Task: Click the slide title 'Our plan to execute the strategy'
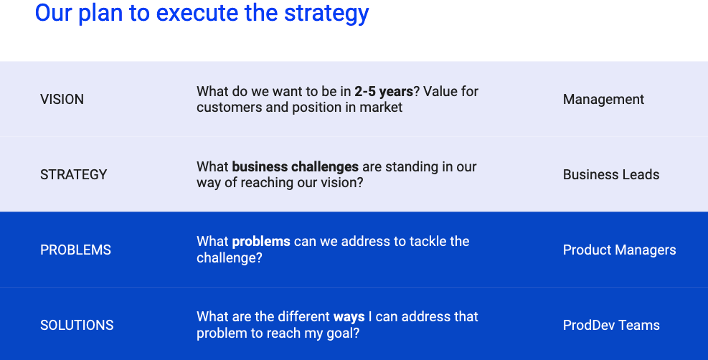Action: click(202, 14)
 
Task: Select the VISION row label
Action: click(62, 99)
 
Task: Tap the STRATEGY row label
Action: click(74, 174)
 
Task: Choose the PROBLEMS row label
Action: click(75, 250)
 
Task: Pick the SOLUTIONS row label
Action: click(77, 326)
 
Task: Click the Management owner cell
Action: click(603, 100)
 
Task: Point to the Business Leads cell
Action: click(611, 174)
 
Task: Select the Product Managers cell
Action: click(619, 250)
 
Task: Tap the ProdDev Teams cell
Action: click(611, 326)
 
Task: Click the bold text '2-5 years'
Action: click(384, 92)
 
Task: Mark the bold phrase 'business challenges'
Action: click(296, 167)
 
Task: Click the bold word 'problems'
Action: click(261, 242)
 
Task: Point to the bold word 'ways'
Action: click(349, 317)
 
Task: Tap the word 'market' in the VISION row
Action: click(381, 108)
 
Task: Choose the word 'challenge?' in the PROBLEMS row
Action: click(229, 257)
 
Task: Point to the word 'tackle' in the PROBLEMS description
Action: click(427, 242)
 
